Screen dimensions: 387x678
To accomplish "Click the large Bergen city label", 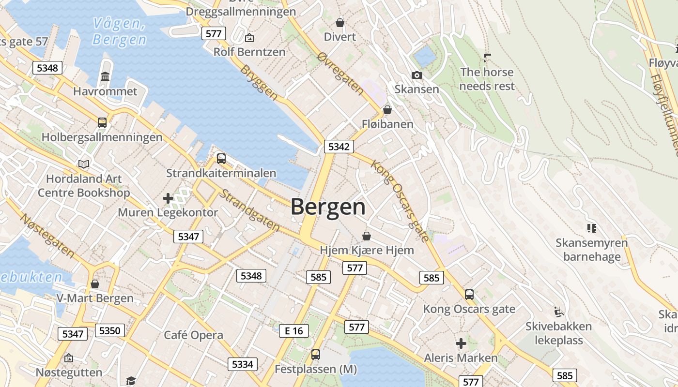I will [328, 207].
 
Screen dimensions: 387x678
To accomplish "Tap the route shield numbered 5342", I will [339, 147].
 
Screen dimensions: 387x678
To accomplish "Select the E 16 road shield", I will [293, 331].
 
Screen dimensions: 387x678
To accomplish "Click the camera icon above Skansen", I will [416, 75].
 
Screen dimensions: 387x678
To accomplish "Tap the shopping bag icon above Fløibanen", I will [387, 110].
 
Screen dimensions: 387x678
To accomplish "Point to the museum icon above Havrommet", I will [105, 77].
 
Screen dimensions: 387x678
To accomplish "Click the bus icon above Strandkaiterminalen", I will [221, 158].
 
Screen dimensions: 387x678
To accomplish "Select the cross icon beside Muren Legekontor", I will [168, 198].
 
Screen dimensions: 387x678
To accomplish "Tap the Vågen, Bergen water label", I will [119, 31].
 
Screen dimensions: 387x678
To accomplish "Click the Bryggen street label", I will [259, 83].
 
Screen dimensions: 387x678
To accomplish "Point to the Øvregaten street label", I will [340, 73].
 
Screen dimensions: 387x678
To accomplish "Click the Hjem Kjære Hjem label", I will [367, 250].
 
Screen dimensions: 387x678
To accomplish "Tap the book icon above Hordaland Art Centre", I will [84, 164].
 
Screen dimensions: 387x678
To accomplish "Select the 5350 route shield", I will [109, 330].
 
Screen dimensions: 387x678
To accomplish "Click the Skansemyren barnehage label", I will [591, 250].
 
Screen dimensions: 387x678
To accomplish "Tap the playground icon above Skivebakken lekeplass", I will [559, 311].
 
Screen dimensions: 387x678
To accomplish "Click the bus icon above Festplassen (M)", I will [316, 355].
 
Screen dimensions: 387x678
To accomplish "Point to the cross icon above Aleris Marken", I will [461, 343].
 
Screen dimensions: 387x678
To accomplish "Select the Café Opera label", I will [193, 335].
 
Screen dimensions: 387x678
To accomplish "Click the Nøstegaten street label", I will [47, 236].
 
